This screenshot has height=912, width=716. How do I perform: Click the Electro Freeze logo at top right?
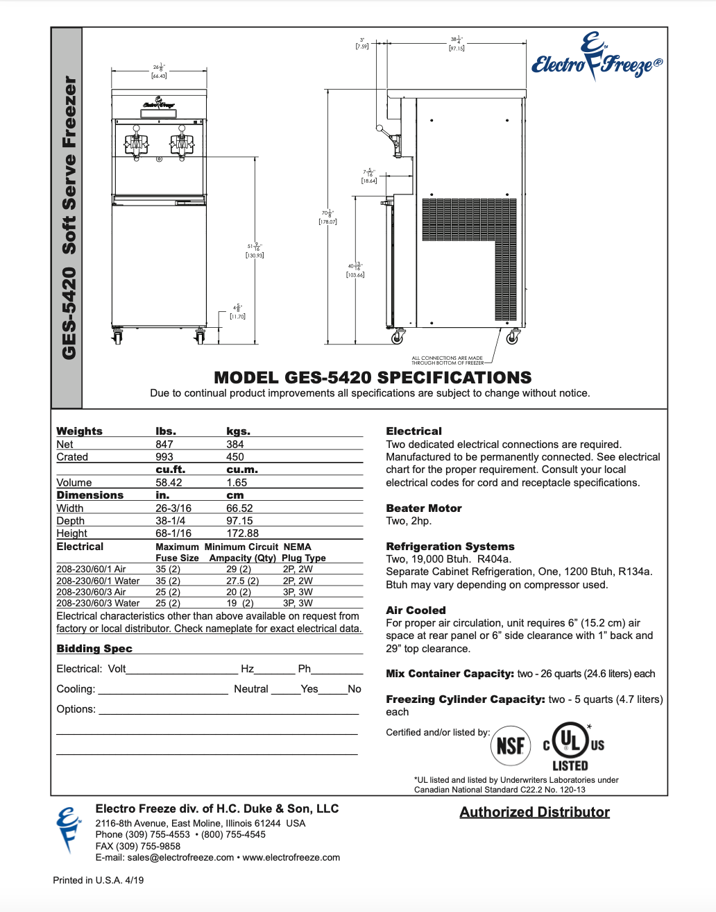tap(596, 58)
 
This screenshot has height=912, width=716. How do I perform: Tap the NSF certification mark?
tap(511, 746)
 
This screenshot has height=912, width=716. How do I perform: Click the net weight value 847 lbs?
tap(164, 445)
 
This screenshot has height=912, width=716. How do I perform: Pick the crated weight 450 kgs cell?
tap(235, 457)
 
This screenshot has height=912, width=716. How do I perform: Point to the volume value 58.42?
tap(169, 483)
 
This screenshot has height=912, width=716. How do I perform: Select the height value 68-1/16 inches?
tap(173, 533)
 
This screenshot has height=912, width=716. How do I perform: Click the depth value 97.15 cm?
tap(239, 521)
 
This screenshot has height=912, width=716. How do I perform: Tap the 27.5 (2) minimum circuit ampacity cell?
tap(242, 581)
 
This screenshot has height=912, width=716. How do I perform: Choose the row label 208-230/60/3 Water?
tap(98, 603)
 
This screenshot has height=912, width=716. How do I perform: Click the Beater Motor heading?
tap(424, 508)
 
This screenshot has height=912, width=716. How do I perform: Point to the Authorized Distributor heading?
tap(534, 812)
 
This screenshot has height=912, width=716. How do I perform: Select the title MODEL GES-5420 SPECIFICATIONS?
tap(373, 378)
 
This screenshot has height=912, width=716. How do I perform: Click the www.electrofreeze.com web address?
tap(291, 857)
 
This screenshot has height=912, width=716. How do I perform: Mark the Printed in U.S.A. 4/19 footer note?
tap(99, 880)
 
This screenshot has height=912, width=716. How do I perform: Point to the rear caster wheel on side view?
tap(512, 338)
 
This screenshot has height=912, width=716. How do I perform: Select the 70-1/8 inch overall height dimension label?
tap(327, 217)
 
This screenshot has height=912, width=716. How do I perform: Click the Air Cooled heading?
tap(416, 611)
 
